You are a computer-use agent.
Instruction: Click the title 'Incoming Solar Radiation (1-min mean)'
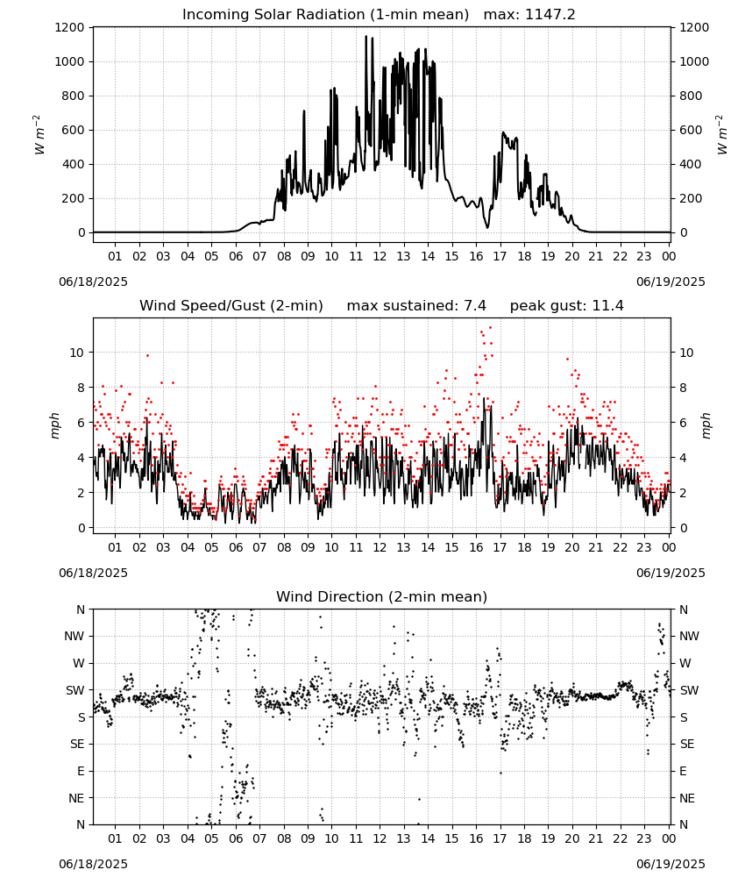point(325,14)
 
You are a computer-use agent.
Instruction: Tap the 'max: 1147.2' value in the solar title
point(529,14)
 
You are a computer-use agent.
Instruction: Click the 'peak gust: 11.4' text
point(567,305)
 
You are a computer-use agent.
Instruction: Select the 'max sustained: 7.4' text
point(416,305)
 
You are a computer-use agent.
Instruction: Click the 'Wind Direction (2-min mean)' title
point(382,596)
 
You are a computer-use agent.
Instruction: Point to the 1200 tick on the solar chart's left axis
point(69,27)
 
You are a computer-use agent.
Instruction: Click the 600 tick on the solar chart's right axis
point(691,131)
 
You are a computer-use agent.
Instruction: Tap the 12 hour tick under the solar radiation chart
point(380,256)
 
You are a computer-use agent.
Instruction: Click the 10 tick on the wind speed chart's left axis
point(77,353)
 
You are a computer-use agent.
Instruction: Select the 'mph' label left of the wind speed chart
point(54,425)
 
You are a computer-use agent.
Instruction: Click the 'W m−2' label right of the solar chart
point(721,134)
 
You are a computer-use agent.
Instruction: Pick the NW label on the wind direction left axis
point(74,636)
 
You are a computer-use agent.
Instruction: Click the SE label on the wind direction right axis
point(687,744)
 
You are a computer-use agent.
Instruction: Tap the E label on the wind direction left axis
point(81,771)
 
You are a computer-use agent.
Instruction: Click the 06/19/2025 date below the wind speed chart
point(670,573)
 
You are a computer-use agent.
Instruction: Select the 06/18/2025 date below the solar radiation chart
point(93,282)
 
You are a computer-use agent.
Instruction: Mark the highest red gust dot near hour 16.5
point(490,328)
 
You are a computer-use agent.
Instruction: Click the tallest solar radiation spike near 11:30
point(366,36)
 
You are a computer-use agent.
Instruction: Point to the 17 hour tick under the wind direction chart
point(500,838)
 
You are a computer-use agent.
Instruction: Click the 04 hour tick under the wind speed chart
point(188,547)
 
